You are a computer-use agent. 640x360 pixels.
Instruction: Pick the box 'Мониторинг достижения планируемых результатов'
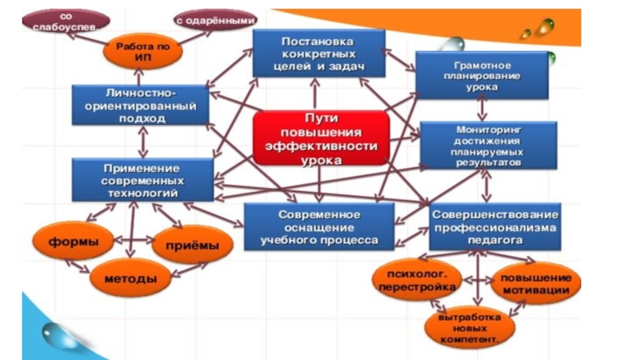(488, 145)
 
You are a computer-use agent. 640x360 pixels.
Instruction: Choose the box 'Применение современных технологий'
(142, 180)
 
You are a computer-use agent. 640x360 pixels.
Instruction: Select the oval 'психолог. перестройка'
(414, 279)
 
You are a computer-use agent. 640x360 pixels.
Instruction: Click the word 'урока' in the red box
(320, 159)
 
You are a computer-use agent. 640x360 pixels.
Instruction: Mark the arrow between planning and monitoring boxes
(482, 110)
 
